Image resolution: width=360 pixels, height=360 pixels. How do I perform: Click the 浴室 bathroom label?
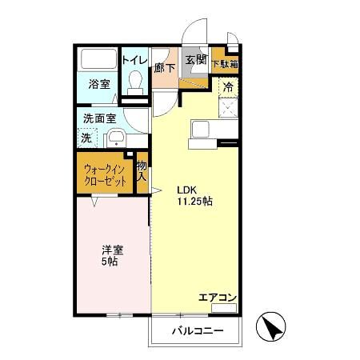(98, 83)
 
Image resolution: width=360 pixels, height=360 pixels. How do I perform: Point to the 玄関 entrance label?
(195, 59)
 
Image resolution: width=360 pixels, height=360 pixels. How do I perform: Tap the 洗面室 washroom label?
(99, 118)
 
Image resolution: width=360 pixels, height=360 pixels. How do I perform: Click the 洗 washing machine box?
(87, 137)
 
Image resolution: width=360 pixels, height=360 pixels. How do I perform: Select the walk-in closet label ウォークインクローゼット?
(105, 176)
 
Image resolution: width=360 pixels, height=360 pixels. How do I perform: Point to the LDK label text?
(186, 190)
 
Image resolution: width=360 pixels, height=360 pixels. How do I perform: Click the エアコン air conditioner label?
(218, 298)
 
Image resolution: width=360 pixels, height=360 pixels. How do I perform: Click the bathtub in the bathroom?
(98, 60)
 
